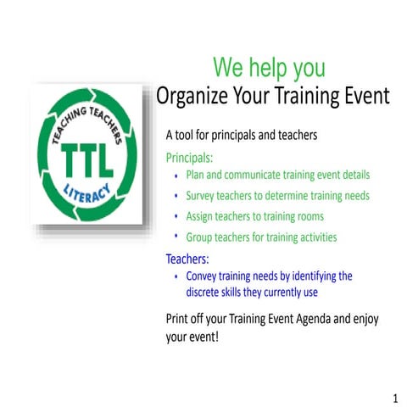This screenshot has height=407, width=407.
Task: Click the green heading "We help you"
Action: click(x=269, y=66)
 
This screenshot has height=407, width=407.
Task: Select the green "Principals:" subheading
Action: click(x=189, y=157)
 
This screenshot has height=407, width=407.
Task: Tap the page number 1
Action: click(x=395, y=398)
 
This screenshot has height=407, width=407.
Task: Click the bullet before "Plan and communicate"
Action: click(x=176, y=176)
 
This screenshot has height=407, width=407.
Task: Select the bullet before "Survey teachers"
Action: click(x=176, y=196)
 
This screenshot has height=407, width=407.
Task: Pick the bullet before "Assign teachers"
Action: click(x=176, y=216)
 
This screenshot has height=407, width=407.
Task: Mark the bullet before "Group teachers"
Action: click(x=176, y=237)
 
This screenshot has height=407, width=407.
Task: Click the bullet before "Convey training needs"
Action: click(x=176, y=276)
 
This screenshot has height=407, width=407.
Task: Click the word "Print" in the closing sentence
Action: click(x=179, y=319)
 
